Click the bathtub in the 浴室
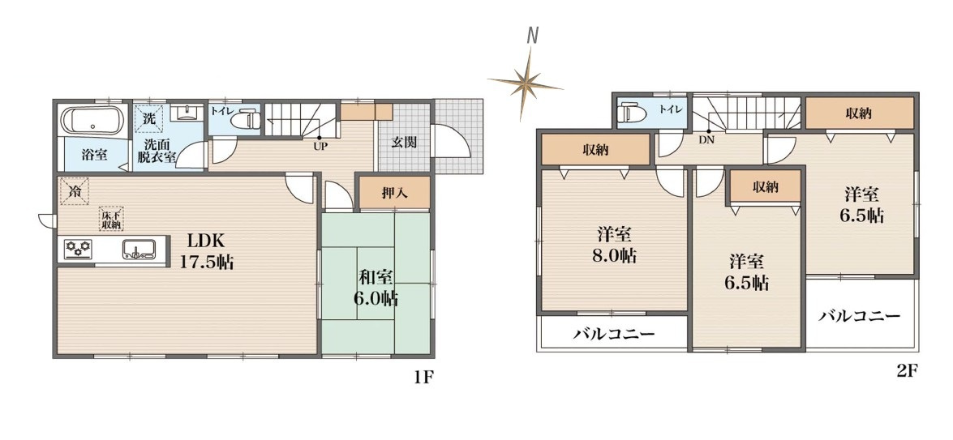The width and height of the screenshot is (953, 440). coord(92,120)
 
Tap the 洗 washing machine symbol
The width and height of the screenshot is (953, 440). coord(149,117)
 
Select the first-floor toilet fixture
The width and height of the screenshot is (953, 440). coord(245,119)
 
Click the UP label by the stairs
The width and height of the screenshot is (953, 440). coord(319,146)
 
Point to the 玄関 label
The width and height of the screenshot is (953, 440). coord(403,143)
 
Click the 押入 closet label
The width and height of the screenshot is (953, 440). coord(395,193)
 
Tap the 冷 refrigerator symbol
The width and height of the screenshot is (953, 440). coord(74,191)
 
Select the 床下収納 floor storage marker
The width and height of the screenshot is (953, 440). coord(111,218)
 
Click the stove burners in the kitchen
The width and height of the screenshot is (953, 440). coord(78,250)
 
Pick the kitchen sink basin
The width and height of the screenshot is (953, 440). coord(139,249)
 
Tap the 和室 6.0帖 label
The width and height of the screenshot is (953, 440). coord(377,288)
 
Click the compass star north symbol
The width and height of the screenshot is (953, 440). coord(525,83)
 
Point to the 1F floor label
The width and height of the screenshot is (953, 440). coord(423,378)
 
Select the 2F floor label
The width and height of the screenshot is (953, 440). coord(906,371)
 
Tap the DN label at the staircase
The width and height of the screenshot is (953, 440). coord(706,139)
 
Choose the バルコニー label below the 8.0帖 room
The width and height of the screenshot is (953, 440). coord(614,335)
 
